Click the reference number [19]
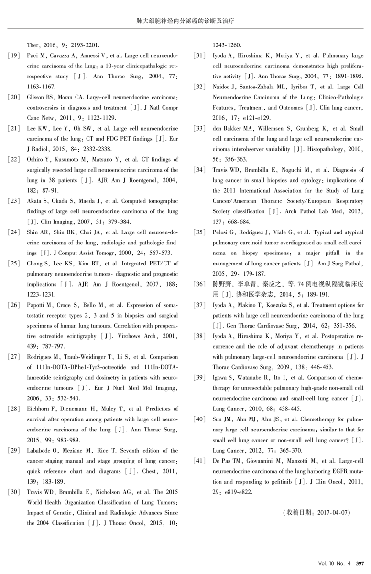[14, 56]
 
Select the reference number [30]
[14, 492]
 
